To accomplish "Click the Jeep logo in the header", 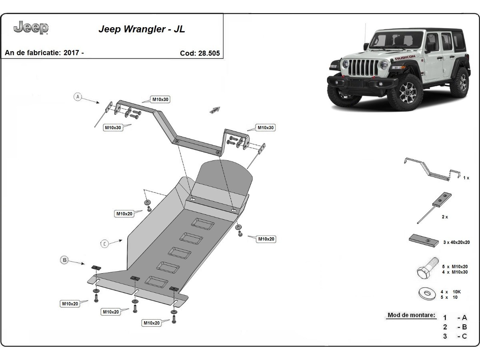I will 31,28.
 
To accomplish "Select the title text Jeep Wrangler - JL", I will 142,29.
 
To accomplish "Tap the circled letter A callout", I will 78,96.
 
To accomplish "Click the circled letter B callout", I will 64,260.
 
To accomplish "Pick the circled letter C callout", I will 104,243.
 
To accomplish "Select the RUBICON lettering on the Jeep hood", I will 405,58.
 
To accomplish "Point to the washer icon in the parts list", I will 427,294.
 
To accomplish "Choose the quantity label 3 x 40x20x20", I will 456,242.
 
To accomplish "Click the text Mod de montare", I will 411,315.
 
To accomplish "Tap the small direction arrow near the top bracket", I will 215,110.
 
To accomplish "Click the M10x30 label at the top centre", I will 160,99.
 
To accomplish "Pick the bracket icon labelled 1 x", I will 431,168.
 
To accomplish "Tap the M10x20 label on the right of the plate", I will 266,239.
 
